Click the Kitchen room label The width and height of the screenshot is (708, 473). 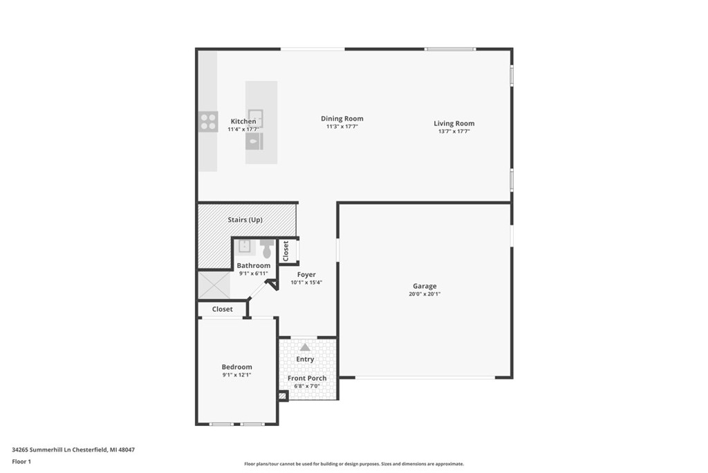[x=243, y=121]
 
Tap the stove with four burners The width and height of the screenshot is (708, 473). [x=208, y=122]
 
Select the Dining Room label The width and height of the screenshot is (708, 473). [x=342, y=118]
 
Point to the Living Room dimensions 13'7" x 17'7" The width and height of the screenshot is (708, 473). [x=454, y=131]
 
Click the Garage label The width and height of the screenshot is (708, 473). [x=425, y=286]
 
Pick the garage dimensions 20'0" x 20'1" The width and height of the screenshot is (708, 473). [x=425, y=294]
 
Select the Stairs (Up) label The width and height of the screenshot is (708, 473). [x=245, y=220]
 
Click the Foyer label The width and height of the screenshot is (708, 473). [x=306, y=275]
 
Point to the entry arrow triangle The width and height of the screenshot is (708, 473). [x=305, y=347]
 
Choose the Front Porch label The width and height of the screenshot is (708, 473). [x=307, y=378]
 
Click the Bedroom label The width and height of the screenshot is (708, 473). [x=236, y=367]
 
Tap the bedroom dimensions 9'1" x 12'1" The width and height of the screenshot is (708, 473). [x=236, y=375]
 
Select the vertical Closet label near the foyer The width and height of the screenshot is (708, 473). [x=286, y=251]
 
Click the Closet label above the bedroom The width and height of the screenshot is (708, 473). [x=222, y=309]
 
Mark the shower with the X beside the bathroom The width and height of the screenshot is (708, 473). [x=214, y=285]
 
